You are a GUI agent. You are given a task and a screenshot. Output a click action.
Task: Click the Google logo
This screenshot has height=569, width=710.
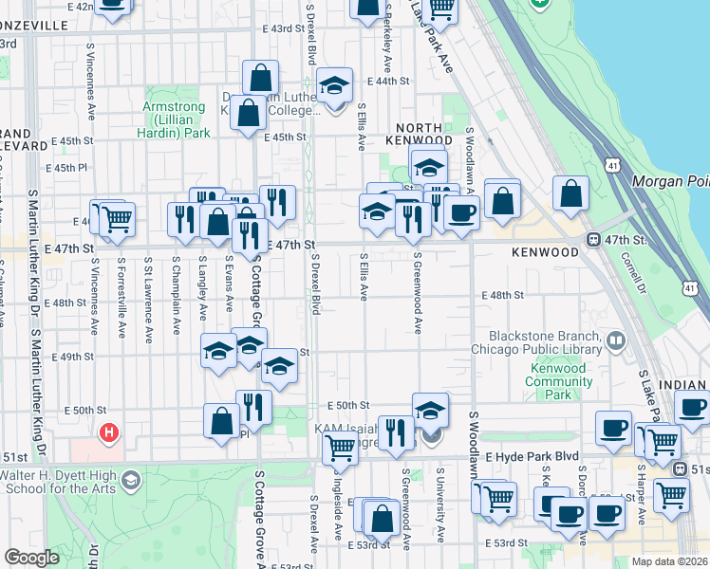pyautogui.click(x=31, y=558)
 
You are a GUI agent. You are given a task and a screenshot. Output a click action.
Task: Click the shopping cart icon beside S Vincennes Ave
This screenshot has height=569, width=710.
pyautogui.click(x=118, y=218)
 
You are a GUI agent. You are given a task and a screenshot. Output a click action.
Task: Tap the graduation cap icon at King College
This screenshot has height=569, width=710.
pyautogui.click(x=334, y=86)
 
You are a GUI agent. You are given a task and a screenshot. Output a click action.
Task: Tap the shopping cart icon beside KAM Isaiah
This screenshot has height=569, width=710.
pyautogui.click(x=340, y=449)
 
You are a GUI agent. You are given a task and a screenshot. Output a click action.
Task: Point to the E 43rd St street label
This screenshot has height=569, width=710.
pyautogui.click(x=265, y=29)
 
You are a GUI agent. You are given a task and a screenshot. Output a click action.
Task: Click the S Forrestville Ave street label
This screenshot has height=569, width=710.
pyautogui.click(x=121, y=308)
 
